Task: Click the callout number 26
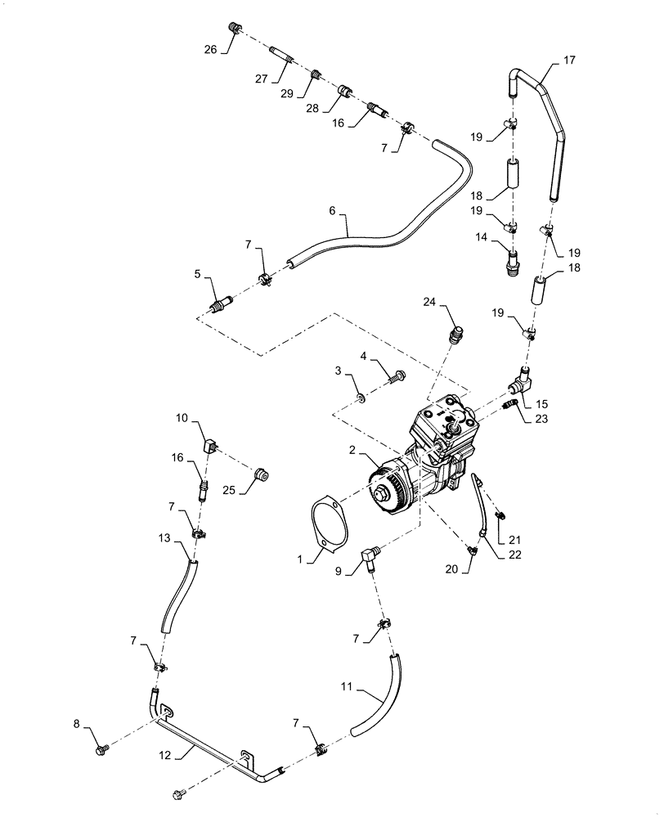click(x=211, y=49)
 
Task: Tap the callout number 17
click(x=570, y=60)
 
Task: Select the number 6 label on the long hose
click(x=332, y=210)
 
